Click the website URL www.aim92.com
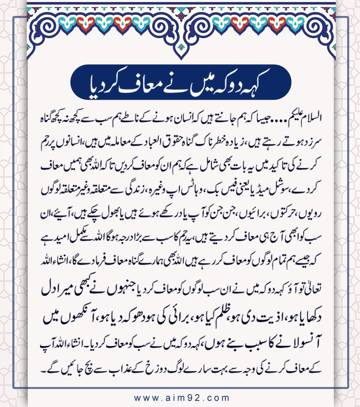181,397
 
